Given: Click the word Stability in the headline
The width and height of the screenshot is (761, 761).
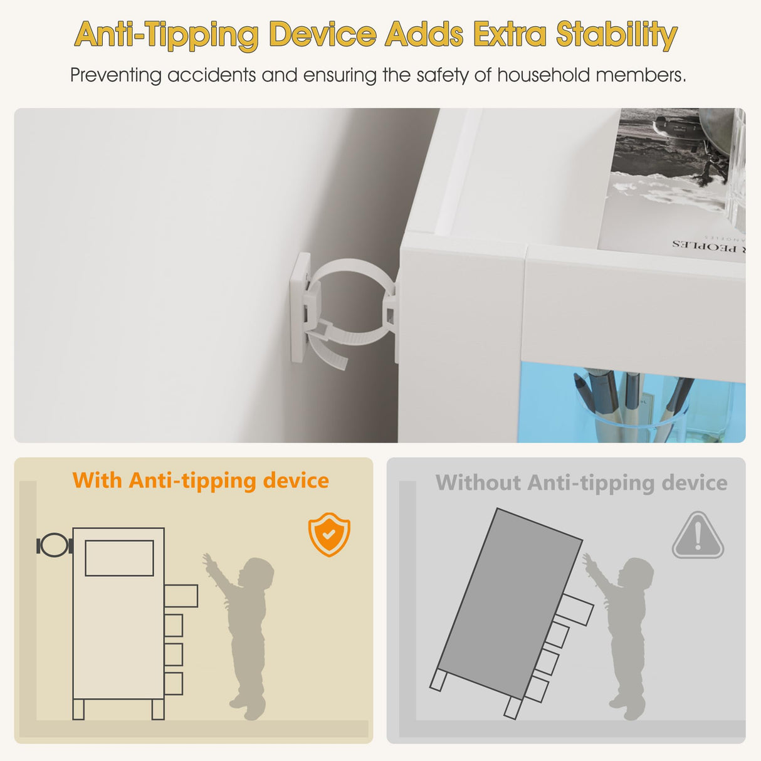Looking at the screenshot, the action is [617, 35].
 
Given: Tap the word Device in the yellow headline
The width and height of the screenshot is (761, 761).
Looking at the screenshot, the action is [324, 34].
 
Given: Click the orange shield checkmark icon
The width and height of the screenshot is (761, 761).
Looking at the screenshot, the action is [329, 534].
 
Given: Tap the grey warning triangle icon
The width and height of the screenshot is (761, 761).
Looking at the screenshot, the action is [698, 535].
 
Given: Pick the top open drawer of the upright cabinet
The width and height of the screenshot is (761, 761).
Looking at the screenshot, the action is [181, 596].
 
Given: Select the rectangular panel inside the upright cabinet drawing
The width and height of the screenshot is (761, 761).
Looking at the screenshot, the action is [119, 558].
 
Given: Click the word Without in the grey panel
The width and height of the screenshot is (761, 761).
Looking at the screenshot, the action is [478, 482].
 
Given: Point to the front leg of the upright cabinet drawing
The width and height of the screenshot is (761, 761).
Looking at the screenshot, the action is [158, 709].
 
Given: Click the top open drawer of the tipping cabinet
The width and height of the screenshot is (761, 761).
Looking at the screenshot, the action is [576, 609].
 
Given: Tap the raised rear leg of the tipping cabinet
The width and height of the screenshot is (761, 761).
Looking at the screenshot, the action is [438, 680].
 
